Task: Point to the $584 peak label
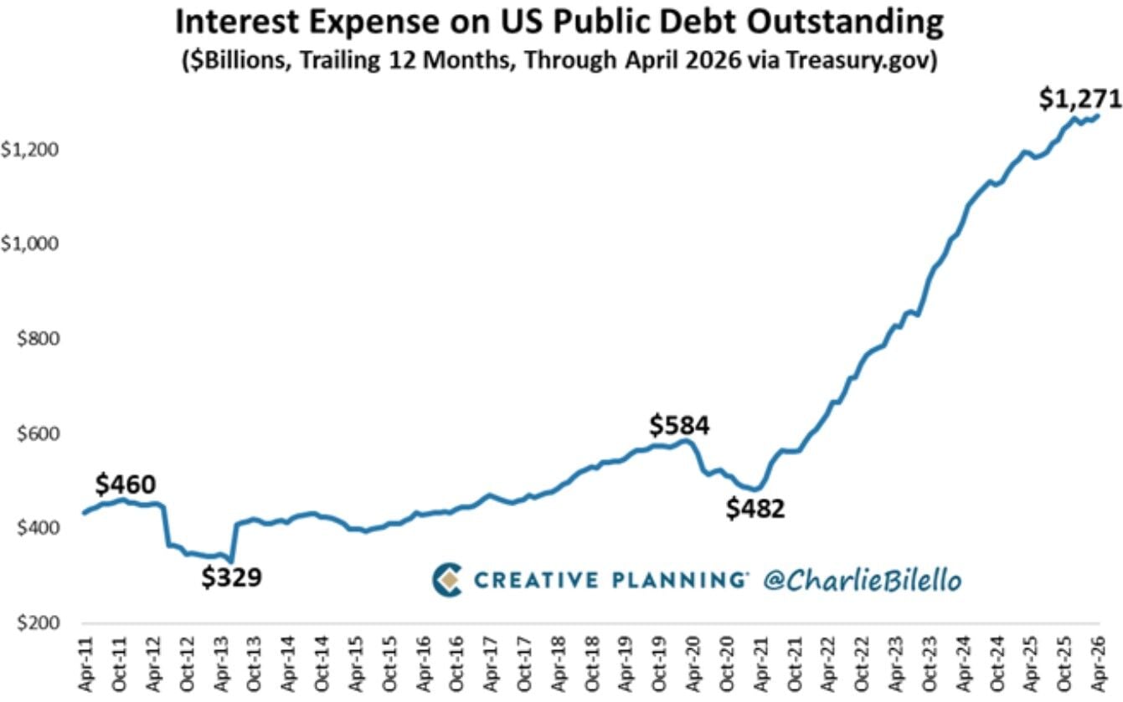pyautogui.click(x=679, y=425)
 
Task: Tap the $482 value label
pyautogui.click(x=755, y=509)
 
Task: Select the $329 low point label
pyautogui.click(x=232, y=576)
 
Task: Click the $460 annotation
pyautogui.click(x=126, y=484)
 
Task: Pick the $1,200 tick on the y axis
pyautogui.click(x=29, y=149)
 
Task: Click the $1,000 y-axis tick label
pyautogui.click(x=29, y=243)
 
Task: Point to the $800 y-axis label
pyautogui.click(x=38, y=339)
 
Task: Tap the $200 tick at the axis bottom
pyautogui.click(x=38, y=623)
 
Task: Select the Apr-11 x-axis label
pyautogui.click(x=85, y=664)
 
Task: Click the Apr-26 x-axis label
pyautogui.click(x=1098, y=664)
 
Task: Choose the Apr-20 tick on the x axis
pyautogui.click(x=693, y=664)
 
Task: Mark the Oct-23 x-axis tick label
pyautogui.click(x=929, y=664)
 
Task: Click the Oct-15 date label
pyautogui.click(x=389, y=664)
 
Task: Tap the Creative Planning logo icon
pyautogui.click(x=447, y=580)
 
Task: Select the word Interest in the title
pyautogui.click(x=239, y=23)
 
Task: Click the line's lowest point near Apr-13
pyautogui.click(x=231, y=561)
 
